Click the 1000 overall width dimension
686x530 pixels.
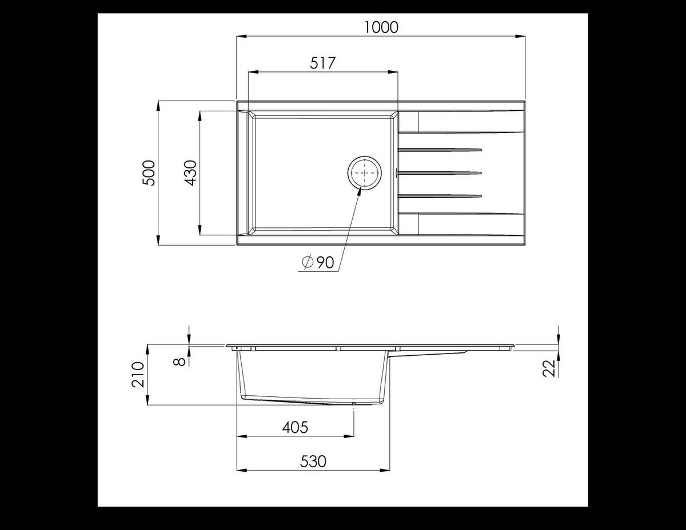point(381,27)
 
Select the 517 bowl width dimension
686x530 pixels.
point(322,63)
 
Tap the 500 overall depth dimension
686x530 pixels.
point(149,172)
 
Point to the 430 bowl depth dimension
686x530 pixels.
point(190,172)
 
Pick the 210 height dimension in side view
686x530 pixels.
point(138,375)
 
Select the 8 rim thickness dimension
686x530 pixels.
point(180,361)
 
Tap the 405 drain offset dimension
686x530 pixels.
point(295,427)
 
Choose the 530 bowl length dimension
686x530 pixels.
point(313,461)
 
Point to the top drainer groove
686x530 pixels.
point(440,150)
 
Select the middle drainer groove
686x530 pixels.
point(440,172)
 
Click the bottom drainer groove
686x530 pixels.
point(440,196)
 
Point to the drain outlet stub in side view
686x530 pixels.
point(354,404)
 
